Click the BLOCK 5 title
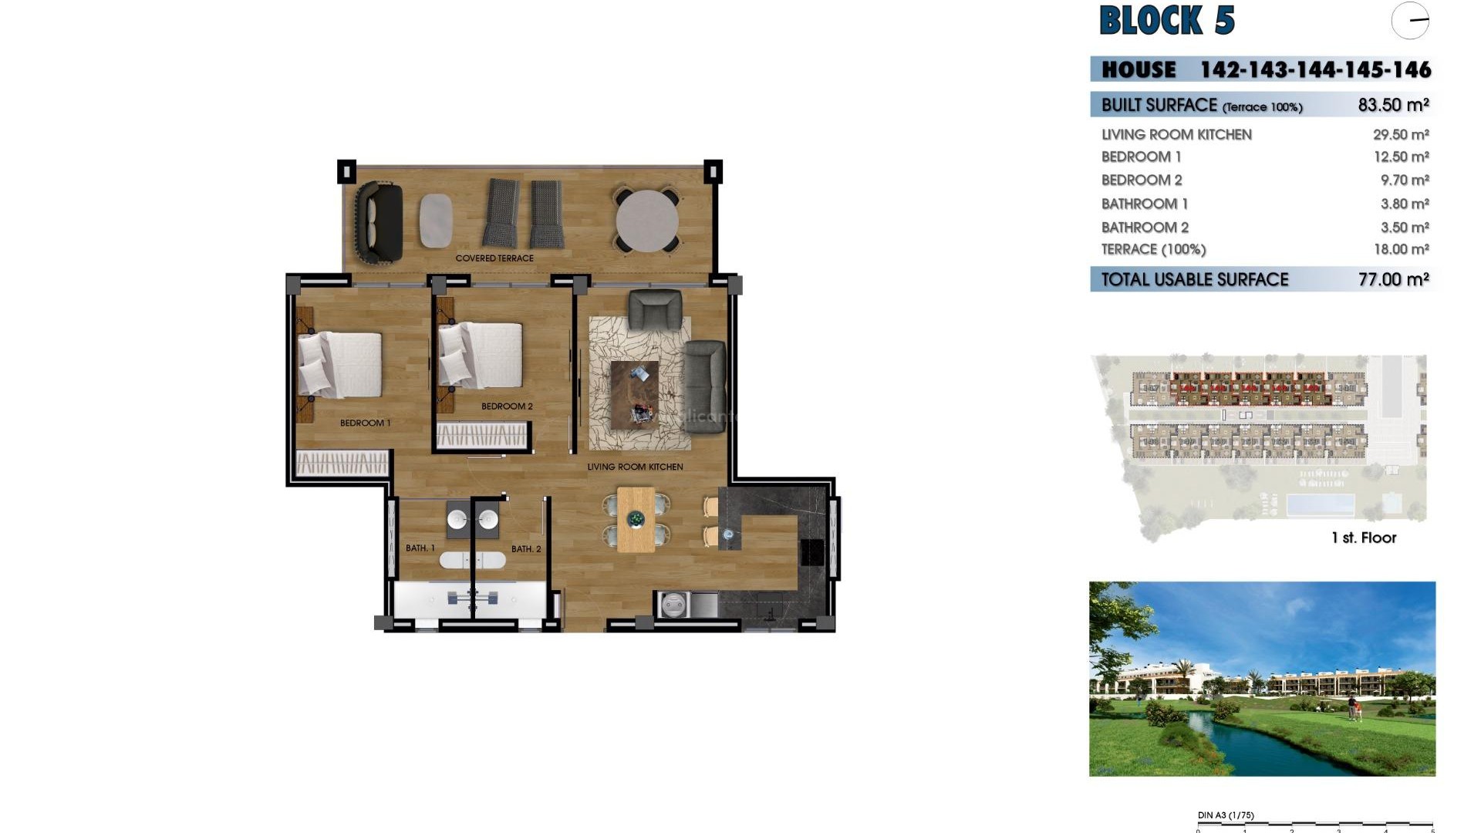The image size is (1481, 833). tap(1166, 21)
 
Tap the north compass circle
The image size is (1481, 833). tap(1410, 21)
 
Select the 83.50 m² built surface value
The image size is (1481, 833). tap(1393, 105)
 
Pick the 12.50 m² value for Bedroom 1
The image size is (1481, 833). tap(1401, 157)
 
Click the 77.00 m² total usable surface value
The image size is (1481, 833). tap(1393, 279)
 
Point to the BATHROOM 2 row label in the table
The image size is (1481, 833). tap(1145, 228)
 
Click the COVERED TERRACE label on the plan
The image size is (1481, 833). tap(494, 258)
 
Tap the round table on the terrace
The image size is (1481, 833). tap(647, 221)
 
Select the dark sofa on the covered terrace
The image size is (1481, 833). tap(379, 222)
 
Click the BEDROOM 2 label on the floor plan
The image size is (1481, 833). tap(507, 406)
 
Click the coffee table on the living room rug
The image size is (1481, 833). tap(635, 394)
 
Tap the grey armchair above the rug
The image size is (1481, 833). tap(655, 309)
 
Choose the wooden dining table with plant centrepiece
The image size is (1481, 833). tap(636, 519)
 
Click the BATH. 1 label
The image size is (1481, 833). tap(420, 548)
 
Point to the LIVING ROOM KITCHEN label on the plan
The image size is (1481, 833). tap(635, 467)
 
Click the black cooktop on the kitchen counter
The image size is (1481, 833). tap(811, 551)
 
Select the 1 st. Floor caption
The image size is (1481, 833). tap(1364, 538)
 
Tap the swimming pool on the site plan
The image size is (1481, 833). tap(1320, 505)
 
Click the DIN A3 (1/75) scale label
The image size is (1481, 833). tap(1226, 815)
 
